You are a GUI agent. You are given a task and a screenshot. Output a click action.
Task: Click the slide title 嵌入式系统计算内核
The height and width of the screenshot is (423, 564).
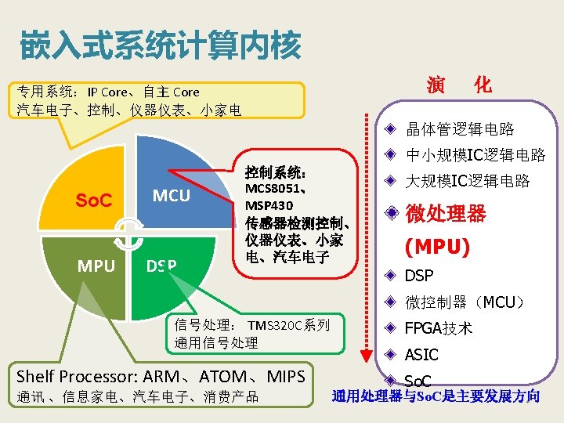pyautogui.click(x=160, y=45)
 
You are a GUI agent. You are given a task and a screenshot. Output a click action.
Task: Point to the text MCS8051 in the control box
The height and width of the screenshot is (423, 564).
pyautogui.click(x=273, y=189)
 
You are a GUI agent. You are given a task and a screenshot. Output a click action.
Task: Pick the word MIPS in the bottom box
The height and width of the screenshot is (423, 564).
pyautogui.click(x=286, y=377)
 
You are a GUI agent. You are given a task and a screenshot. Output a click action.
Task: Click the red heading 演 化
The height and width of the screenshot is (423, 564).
pyautogui.click(x=459, y=85)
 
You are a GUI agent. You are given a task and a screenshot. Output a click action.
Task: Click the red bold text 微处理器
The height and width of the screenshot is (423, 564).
pyautogui.click(x=445, y=213)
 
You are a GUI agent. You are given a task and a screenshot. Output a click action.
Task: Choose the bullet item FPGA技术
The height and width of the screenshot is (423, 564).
pyautogui.click(x=438, y=328)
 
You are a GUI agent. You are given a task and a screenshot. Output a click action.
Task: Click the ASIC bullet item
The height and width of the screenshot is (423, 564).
pyautogui.click(x=421, y=355)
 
